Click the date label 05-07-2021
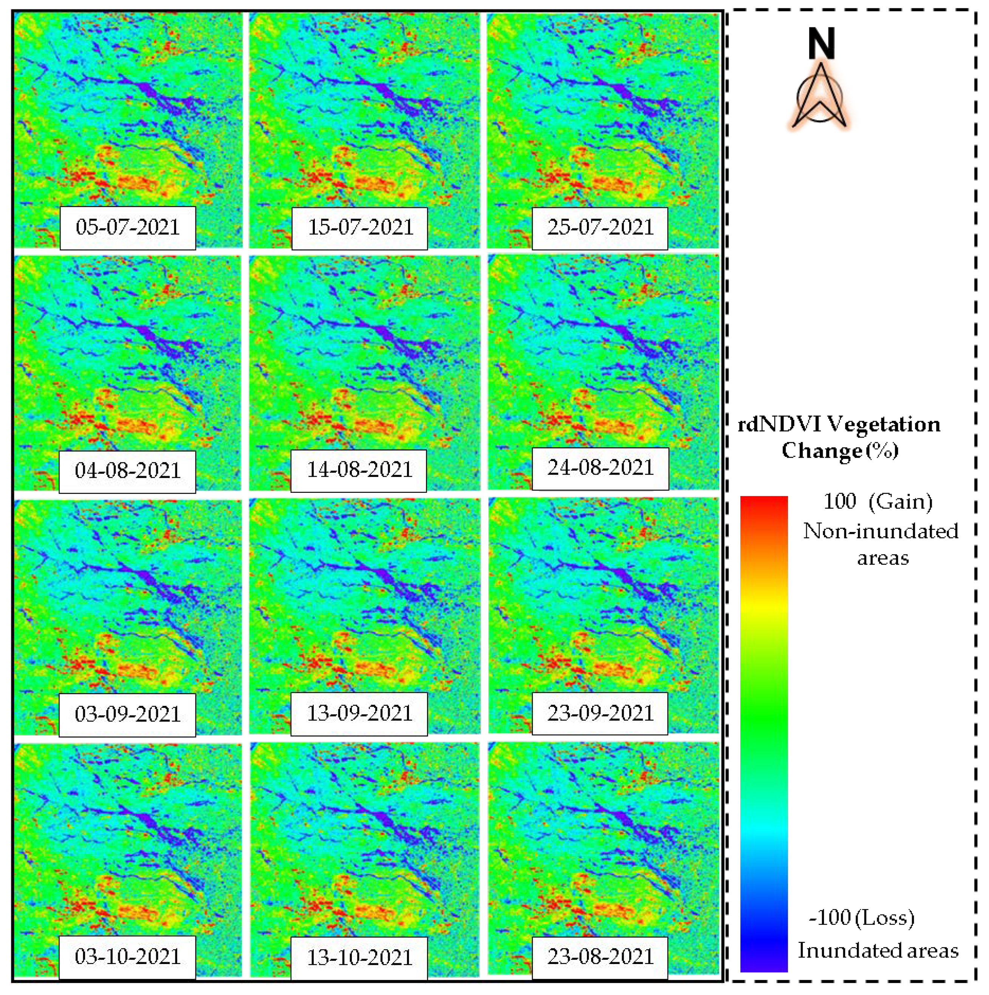[127, 227]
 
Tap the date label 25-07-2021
[600, 227]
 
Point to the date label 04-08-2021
[127, 471]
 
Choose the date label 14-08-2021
[359, 470]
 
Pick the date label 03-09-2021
[127, 714]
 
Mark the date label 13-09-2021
[359, 713]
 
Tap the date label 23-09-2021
[600, 713]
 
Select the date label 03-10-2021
[127, 957]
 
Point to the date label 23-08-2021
[600, 957]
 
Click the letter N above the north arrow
[820, 44]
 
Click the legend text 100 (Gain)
[878, 501]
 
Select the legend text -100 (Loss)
[862, 917]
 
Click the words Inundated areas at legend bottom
[878, 950]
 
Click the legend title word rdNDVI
[779, 425]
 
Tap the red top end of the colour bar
[763, 502]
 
